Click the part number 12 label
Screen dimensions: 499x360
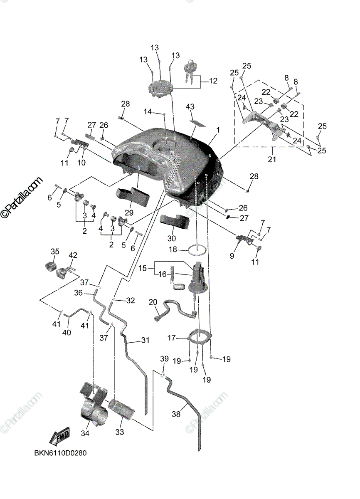click(213, 81)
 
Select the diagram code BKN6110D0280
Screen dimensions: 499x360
click(60, 453)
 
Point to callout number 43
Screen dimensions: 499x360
click(190, 107)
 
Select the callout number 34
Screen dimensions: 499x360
click(85, 434)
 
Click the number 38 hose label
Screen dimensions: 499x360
click(177, 414)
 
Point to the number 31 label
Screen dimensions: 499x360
click(145, 340)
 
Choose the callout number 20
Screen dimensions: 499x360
click(152, 302)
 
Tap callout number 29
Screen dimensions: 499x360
click(129, 212)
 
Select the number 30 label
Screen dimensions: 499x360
click(171, 239)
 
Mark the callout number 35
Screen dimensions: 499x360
click(55, 252)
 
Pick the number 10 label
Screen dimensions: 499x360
click(81, 163)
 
